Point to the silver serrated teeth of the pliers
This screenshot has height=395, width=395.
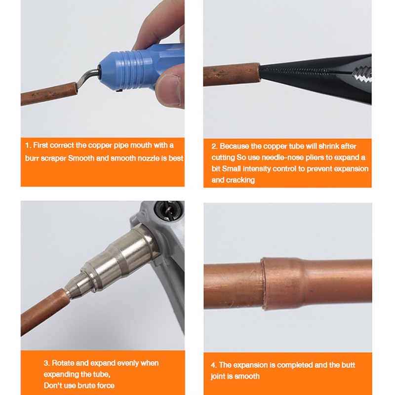tap(362, 75)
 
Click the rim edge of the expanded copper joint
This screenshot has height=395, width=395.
tap(263, 283)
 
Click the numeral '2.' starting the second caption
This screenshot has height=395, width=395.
tap(215, 146)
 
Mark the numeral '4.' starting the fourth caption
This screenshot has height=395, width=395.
tap(214, 365)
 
